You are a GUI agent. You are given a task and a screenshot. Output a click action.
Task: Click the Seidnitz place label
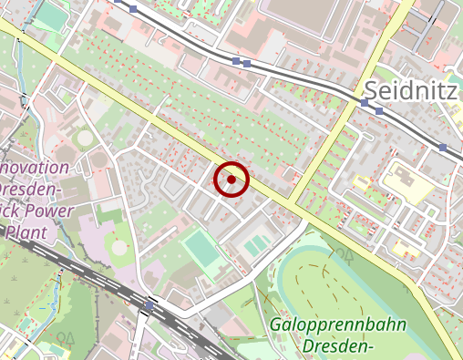[x=413, y=89]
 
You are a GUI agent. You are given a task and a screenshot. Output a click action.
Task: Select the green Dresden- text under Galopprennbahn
[x=340, y=346]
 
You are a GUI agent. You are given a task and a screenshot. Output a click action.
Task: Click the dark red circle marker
[x=231, y=180]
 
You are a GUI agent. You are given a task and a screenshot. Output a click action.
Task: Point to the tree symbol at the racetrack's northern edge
[x=345, y=255]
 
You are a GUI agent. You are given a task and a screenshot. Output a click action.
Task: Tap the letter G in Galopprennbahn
[x=276, y=325]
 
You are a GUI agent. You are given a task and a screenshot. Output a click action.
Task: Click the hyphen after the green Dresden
[x=374, y=347]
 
